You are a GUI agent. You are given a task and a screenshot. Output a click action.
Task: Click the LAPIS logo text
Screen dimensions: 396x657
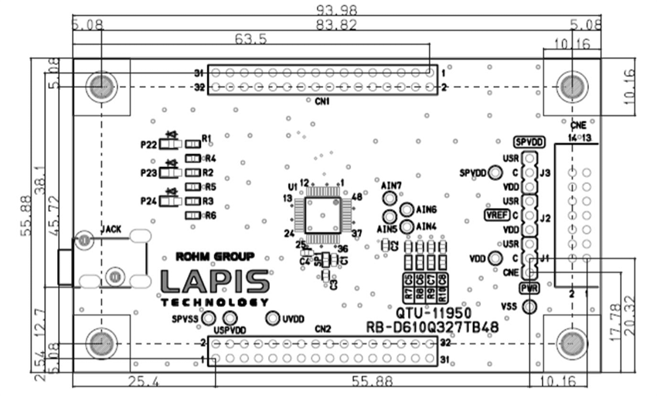coord(215,282)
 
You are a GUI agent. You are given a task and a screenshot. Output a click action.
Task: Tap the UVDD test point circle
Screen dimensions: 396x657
coord(273,318)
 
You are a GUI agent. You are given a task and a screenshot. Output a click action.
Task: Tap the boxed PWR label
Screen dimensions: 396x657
coord(529,288)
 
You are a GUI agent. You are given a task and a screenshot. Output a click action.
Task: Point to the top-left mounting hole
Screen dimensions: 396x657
coord(100,87)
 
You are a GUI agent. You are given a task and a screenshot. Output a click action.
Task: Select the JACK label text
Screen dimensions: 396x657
coord(112,230)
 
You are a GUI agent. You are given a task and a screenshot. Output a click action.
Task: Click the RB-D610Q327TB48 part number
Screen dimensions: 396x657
coord(432,327)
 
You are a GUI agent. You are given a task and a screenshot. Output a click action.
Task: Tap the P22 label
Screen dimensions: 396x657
coord(150,145)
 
